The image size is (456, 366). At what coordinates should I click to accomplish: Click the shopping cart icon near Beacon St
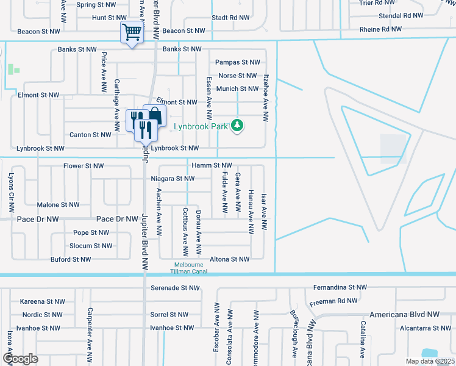click(x=132, y=32)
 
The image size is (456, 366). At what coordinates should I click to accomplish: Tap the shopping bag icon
click(x=155, y=115)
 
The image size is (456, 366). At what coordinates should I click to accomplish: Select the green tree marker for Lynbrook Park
click(x=237, y=126)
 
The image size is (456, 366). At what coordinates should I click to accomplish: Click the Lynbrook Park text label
click(x=200, y=127)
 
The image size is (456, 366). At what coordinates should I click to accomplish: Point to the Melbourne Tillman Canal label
click(x=188, y=268)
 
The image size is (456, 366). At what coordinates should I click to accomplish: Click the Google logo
click(x=21, y=358)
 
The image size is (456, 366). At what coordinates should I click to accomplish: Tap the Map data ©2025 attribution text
click(x=430, y=361)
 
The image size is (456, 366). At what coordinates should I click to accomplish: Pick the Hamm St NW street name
click(x=212, y=165)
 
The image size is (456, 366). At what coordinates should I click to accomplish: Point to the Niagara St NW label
click(x=173, y=179)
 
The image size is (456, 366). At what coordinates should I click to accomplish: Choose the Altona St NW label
click(x=229, y=259)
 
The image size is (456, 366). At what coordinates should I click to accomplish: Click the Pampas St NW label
click(x=238, y=62)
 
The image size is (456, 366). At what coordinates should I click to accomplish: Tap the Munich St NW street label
click(x=238, y=89)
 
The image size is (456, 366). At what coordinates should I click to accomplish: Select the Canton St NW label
click(x=90, y=135)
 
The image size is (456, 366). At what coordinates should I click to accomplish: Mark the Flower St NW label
click(x=84, y=166)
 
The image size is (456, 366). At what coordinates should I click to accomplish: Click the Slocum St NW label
click(x=91, y=246)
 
